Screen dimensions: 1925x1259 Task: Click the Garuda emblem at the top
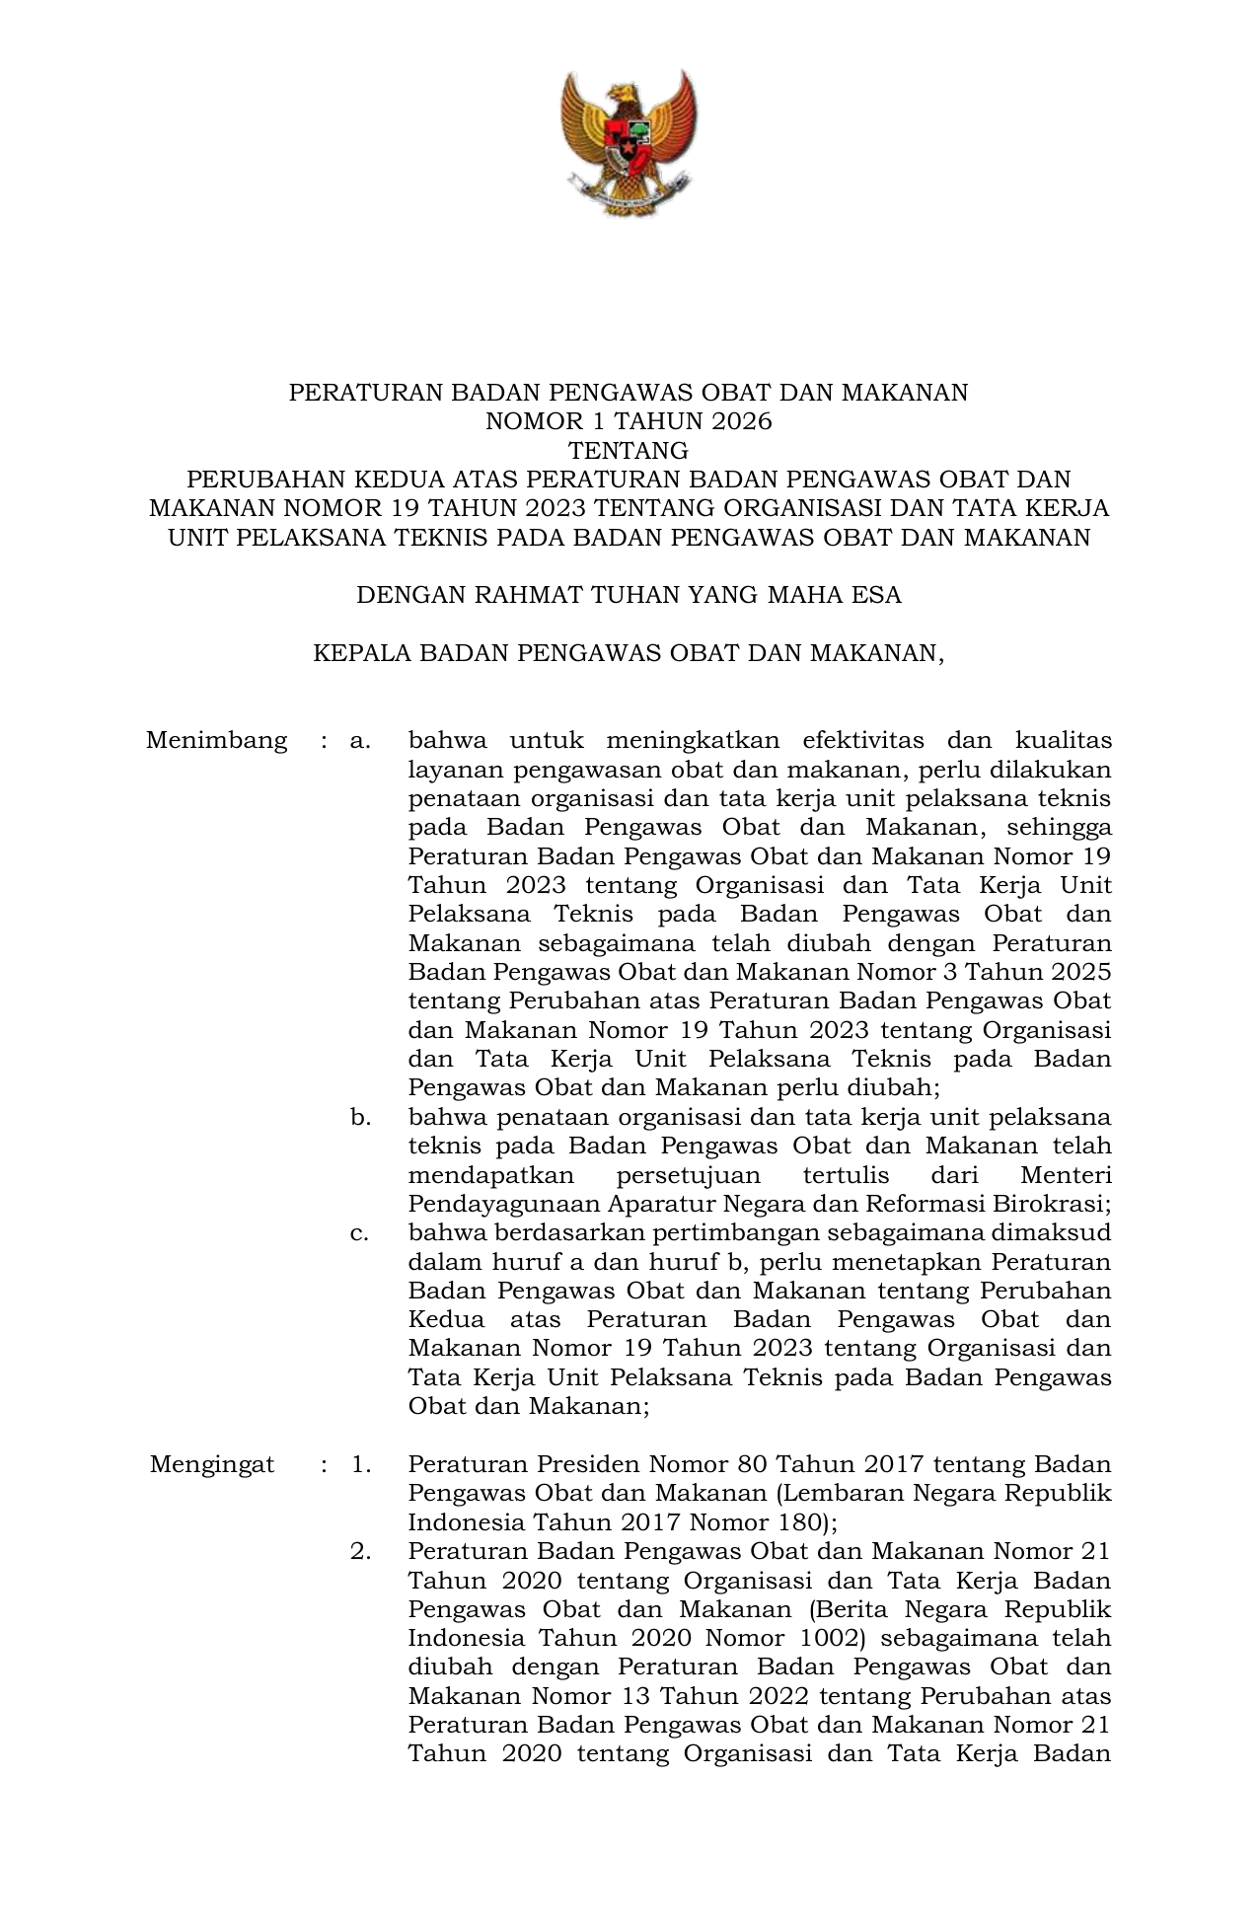click(x=629, y=141)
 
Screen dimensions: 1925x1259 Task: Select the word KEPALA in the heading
click(x=358, y=653)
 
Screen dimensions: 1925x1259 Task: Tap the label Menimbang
click(x=217, y=740)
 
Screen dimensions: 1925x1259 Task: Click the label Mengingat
click(x=212, y=1464)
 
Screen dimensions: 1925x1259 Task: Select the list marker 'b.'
click(x=360, y=1117)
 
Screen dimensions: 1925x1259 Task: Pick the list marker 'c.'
click(x=360, y=1232)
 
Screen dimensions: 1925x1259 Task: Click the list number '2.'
click(x=360, y=1551)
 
